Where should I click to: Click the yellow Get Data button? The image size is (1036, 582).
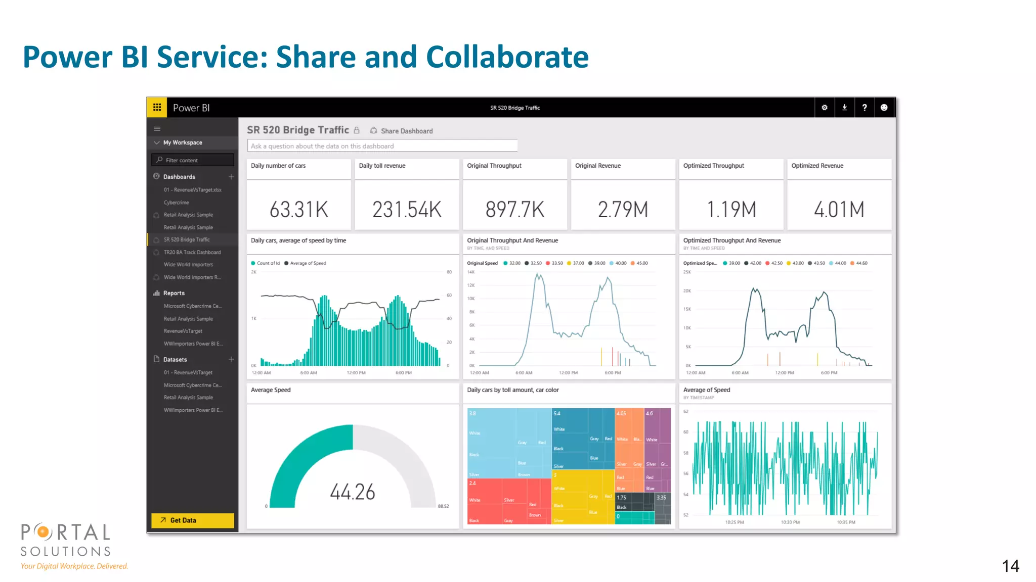pos(192,520)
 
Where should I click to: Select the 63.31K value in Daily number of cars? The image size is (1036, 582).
pos(298,210)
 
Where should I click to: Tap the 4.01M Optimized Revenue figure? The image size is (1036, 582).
pos(839,210)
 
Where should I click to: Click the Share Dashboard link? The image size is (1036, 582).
pos(406,131)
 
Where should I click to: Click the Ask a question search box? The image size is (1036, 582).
pos(382,146)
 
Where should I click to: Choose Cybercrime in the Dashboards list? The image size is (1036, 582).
pos(176,203)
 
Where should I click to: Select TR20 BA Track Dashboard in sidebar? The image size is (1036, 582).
pos(192,252)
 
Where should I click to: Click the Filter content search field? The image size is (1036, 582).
pos(193,160)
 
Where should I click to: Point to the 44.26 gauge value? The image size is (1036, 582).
pos(353,492)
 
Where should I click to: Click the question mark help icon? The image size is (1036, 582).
pos(864,108)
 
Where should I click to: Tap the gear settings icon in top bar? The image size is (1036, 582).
pos(825,108)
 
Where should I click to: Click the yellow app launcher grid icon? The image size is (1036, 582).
pos(157,108)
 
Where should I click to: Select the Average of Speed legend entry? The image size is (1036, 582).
pos(308,263)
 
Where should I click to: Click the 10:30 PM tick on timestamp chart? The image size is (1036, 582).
pos(790,522)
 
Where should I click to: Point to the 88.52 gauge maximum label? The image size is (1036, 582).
pos(443,506)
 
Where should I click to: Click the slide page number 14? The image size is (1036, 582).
pos(1010,566)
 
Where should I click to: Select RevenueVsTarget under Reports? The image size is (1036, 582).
pos(183,331)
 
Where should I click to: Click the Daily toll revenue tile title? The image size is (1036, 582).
pos(382,166)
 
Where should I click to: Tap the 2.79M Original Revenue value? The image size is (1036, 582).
pos(623,210)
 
